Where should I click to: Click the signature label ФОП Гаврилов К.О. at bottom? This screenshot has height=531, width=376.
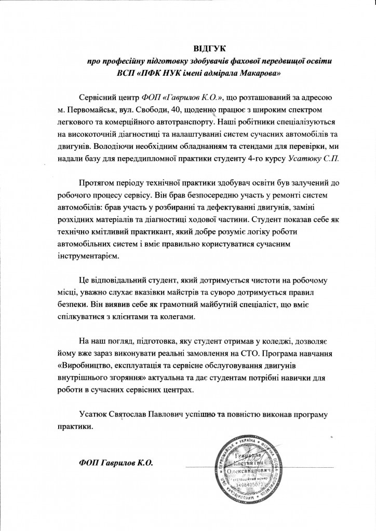tap(115, 463)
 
